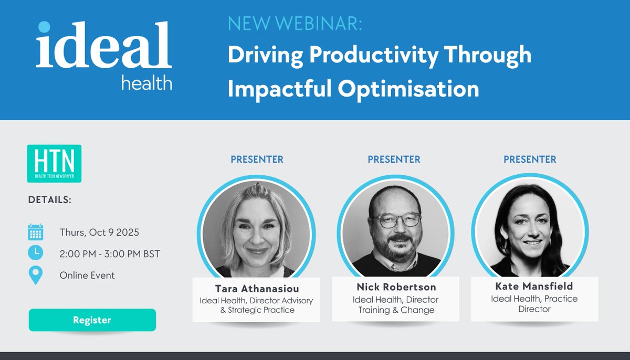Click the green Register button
coord(92,320)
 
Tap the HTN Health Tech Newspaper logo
coord(54,163)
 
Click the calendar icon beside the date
coord(35,232)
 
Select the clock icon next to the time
coord(35,253)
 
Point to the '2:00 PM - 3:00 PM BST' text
coord(110,254)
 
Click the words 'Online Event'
coord(87,276)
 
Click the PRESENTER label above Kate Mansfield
coord(530,159)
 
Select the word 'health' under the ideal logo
coord(146,81)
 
